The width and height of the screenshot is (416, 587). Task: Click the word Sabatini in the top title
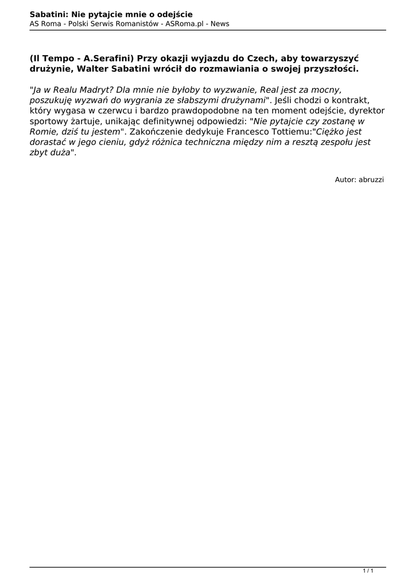pyautogui.click(x=48, y=14)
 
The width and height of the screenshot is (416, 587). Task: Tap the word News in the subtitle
pyautogui.click(x=220, y=24)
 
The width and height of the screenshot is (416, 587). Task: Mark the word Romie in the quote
pyautogui.click(x=43, y=132)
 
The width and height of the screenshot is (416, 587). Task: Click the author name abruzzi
pyautogui.click(x=371, y=179)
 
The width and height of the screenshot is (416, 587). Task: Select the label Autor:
pyautogui.click(x=345, y=179)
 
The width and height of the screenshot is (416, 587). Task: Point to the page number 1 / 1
pyautogui.click(x=368, y=571)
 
